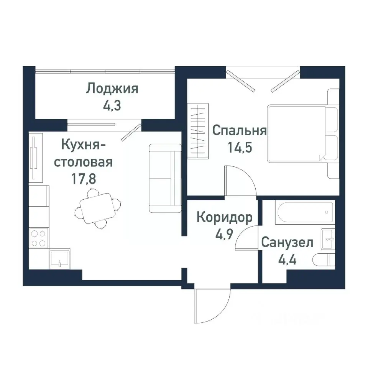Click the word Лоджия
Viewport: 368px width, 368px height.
click(x=112, y=89)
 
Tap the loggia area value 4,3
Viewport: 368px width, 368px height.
click(x=112, y=105)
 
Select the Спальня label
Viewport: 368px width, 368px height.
click(x=239, y=131)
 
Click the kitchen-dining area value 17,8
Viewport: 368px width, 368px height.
click(x=83, y=179)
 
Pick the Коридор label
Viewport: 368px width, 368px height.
click(x=224, y=218)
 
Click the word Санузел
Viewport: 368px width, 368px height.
click(x=287, y=242)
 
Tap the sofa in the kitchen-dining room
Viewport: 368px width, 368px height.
click(x=165, y=178)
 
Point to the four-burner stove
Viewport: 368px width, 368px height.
click(x=39, y=238)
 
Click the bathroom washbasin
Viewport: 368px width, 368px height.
click(x=328, y=239)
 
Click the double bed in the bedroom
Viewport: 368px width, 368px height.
click(x=297, y=133)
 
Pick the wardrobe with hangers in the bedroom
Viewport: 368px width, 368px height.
click(x=198, y=131)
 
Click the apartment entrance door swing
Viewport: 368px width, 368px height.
click(x=209, y=307)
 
